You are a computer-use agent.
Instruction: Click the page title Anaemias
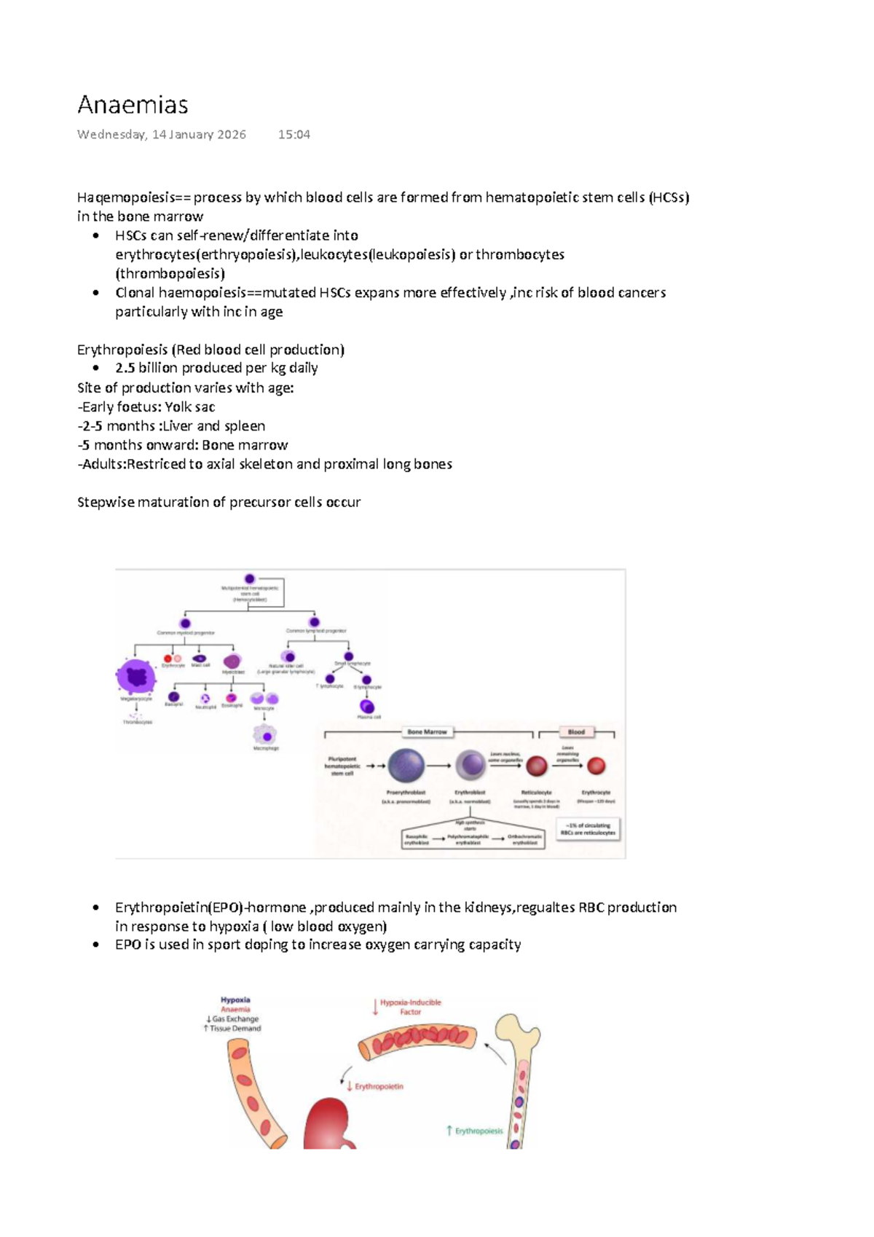(133, 105)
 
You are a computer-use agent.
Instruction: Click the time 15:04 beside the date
(294, 135)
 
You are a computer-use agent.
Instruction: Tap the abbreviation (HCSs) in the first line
(668, 197)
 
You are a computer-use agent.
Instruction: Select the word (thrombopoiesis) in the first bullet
(170, 274)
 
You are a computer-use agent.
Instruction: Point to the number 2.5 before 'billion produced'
(125, 368)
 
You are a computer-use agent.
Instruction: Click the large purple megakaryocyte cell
(136, 677)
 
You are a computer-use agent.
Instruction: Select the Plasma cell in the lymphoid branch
(367, 706)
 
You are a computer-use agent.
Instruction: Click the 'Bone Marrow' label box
(428, 731)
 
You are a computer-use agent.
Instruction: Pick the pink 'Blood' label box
(576, 731)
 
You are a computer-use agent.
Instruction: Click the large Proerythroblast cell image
(406, 766)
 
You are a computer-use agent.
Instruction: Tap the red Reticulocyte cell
(537, 766)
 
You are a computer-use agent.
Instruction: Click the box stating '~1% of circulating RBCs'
(588, 829)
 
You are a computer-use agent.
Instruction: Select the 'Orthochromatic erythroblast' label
(524, 839)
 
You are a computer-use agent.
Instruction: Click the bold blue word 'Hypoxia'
(235, 1000)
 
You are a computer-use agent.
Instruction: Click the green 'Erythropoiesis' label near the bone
(478, 1131)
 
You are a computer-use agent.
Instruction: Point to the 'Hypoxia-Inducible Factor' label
(410, 1007)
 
